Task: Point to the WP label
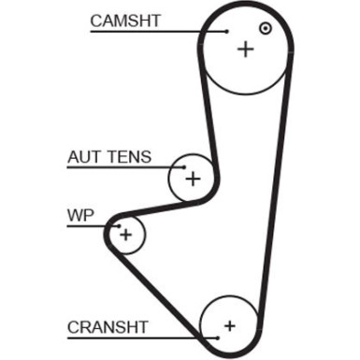(x=79, y=215)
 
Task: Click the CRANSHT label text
(x=108, y=326)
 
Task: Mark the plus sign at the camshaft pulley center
(x=246, y=48)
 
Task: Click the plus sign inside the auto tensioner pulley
(x=193, y=178)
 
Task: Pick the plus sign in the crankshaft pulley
(x=230, y=326)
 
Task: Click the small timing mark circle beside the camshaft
(x=266, y=29)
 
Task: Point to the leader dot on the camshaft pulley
(x=225, y=30)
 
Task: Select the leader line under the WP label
(x=90, y=225)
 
